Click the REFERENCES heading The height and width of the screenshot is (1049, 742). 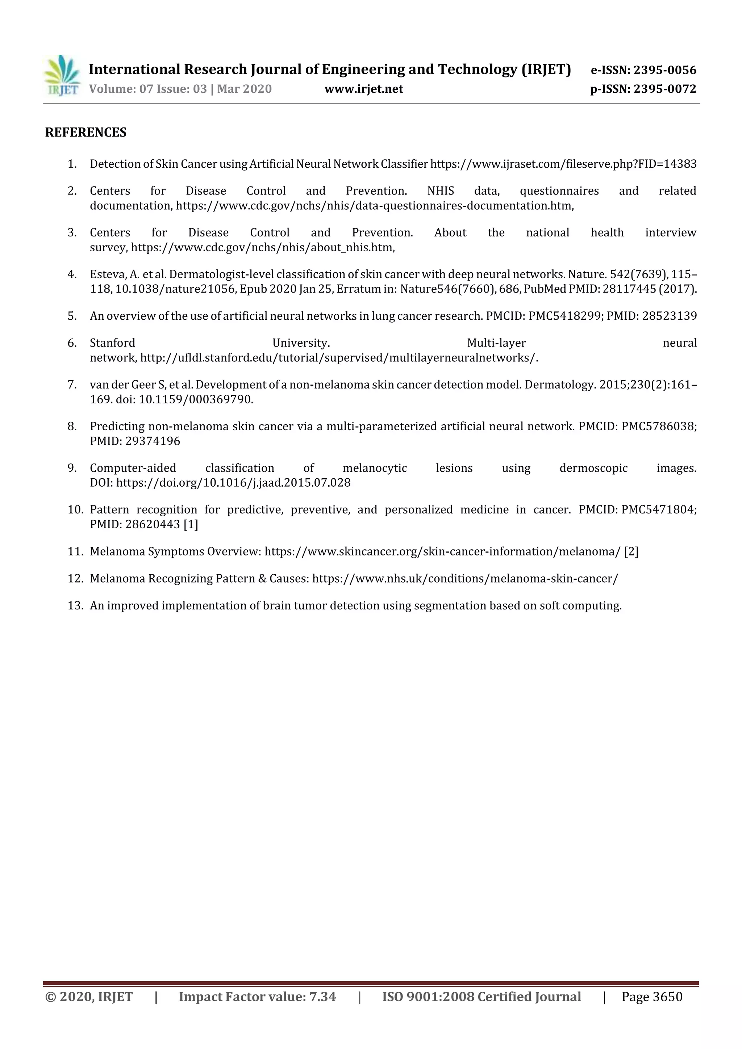tap(86, 133)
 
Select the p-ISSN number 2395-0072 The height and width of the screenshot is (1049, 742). tap(665, 89)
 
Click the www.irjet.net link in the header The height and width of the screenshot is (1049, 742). tap(363, 89)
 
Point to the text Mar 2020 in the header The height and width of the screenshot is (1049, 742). tap(244, 89)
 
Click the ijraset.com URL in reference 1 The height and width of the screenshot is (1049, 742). tap(563, 164)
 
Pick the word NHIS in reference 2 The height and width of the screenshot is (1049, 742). tap(440, 190)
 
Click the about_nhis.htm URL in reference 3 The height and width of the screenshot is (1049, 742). tap(262, 248)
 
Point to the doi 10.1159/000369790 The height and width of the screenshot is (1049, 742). tap(196, 399)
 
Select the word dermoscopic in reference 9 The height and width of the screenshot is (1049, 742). tap(593, 468)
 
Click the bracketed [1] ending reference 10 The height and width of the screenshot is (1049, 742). tap(191, 524)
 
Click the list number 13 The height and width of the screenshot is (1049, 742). tap(75, 605)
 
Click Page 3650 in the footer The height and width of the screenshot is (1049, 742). tap(651, 996)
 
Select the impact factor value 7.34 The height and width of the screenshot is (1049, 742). tap(322, 996)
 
